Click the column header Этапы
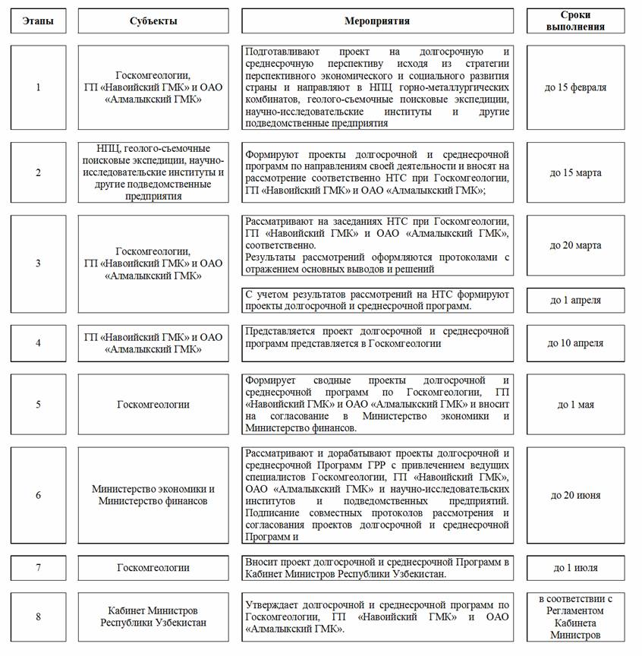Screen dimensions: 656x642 38,21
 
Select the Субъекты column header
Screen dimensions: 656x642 153,21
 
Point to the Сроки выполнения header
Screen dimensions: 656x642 575,21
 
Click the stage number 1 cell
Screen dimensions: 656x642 38,87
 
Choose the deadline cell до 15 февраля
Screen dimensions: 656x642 575,87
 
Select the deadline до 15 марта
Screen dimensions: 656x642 575,172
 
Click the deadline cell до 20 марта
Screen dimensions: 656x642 575,245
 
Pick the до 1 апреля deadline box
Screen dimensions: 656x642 575,300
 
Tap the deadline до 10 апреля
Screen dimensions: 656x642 575,342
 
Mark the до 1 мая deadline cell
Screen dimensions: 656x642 575,404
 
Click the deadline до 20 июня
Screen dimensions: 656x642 575,495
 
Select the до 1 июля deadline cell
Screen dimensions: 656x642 575,568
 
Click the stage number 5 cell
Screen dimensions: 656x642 38,404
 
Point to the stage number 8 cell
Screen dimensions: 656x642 38,617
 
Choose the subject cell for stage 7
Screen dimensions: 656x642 153,568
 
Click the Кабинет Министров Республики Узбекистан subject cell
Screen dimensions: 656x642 153,617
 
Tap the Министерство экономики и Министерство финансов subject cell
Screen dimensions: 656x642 153,495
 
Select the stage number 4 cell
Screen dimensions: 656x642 38,342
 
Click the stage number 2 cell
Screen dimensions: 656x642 38,172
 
